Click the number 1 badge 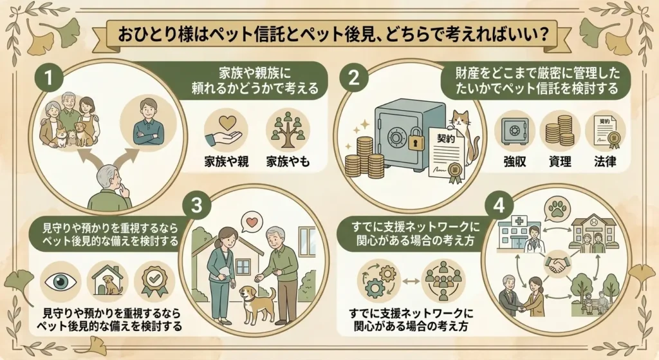(49, 77)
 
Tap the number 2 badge (354, 77)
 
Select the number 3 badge (196, 205)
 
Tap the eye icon (60, 281)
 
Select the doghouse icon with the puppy (108, 281)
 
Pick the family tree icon (288, 130)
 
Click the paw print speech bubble (557, 209)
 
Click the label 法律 (605, 161)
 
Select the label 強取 (514, 161)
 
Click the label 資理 (560, 161)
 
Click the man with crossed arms (147, 122)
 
